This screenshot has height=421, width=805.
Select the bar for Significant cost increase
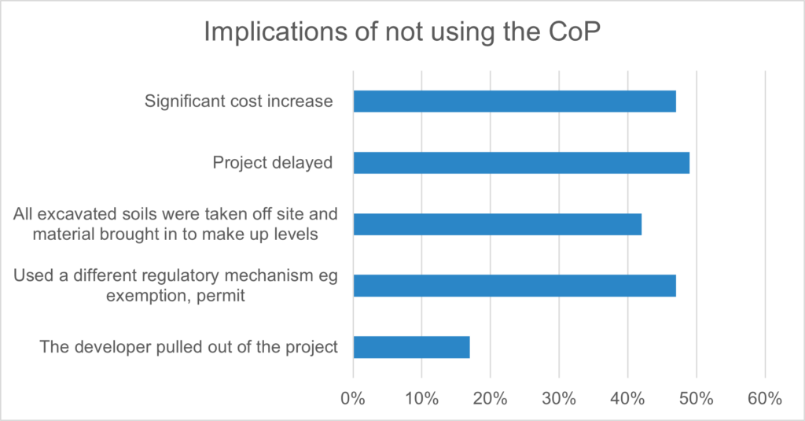coord(514,102)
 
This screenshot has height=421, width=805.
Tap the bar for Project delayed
coord(521,163)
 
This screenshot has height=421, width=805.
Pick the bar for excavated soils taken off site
coord(497,224)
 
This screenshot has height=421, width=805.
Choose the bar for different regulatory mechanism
coord(514,286)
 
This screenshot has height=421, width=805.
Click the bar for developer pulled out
coord(411,347)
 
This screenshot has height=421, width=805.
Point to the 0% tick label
coord(353,398)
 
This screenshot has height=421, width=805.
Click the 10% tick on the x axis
coord(421,398)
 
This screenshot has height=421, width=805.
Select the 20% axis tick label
coord(491,398)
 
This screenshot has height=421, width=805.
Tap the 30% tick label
coord(559,398)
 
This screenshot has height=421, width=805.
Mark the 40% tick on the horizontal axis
coord(628,398)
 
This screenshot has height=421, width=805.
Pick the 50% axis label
coord(697,398)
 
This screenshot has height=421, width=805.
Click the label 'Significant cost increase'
coord(239,102)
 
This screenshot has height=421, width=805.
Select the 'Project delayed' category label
coord(273,163)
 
